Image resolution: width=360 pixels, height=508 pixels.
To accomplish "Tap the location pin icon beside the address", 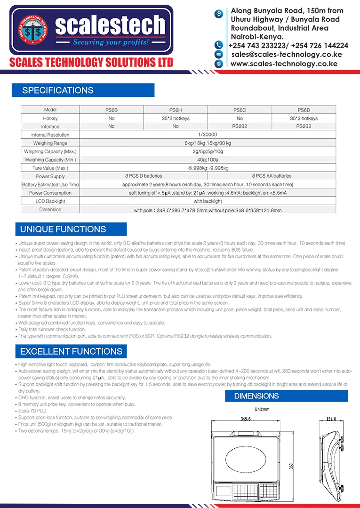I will [218, 14].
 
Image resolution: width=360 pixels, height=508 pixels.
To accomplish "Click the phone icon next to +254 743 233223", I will [218, 45].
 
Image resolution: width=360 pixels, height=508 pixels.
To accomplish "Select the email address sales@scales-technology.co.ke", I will [287, 55].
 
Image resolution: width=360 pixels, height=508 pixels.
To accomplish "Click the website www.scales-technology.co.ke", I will [283, 63].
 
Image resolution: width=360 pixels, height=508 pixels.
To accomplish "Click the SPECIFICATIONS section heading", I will [58, 90].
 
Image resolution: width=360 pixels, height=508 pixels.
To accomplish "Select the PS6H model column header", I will [175, 110].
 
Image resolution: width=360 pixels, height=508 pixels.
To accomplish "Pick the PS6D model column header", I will [304, 110].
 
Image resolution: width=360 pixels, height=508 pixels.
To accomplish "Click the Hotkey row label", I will [50, 118].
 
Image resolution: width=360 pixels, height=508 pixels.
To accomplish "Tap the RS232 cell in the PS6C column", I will [240, 127].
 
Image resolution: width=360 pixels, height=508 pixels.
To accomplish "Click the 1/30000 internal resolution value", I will [208, 135].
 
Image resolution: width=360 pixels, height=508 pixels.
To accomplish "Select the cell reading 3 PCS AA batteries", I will [272, 176].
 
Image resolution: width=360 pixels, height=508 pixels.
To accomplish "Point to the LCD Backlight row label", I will [50, 201].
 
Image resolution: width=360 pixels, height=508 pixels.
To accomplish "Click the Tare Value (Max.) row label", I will [50, 168].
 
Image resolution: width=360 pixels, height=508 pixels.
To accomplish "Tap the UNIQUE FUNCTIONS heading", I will [63, 230].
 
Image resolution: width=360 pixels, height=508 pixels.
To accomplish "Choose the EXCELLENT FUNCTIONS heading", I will [71, 351].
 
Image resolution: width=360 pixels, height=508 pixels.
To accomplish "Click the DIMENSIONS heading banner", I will [256, 396].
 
